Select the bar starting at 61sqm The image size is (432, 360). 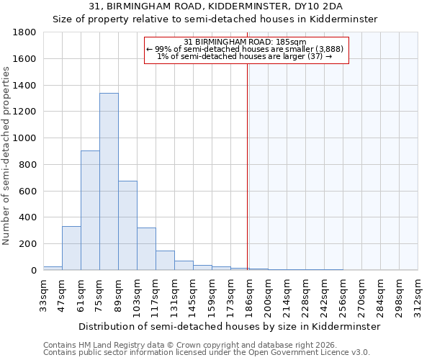click(90, 210)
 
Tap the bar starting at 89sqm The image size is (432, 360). click(127, 225)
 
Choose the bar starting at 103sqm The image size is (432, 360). click(146, 249)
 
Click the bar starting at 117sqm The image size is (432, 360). click(165, 261)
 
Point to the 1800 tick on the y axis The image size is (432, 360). click(25, 32)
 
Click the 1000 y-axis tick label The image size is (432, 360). click(25, 138)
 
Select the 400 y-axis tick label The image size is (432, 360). click(28, 217)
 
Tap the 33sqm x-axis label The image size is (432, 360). click(43, 295)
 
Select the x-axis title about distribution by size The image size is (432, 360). click(229, 326)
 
